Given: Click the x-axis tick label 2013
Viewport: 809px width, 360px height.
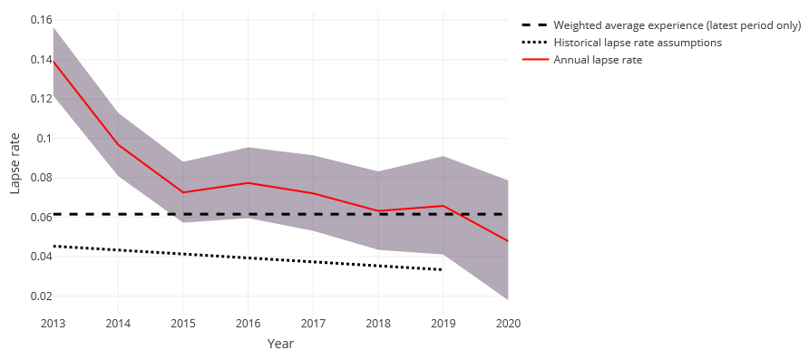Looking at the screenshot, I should click(54, 324).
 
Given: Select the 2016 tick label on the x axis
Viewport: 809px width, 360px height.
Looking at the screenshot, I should click(249, 324).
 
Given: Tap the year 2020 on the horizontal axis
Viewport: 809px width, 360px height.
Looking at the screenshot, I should click(507, 324).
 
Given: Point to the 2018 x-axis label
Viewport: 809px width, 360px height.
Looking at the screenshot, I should click(377, 324).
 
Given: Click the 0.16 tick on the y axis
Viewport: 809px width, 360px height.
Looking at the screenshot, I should click(40, 20).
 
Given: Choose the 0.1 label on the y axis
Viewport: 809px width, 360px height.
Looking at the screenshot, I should click(44, 139).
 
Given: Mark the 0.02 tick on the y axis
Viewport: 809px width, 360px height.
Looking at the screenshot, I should click(40, 297).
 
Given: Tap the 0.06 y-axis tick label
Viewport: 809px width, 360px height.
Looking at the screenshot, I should click(40, 218).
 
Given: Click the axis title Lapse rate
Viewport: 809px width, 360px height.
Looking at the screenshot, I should click(15, 163).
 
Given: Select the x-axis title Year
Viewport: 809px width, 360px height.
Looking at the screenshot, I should click(280, 345).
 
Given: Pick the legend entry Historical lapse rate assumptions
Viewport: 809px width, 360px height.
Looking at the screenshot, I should click(625, 43).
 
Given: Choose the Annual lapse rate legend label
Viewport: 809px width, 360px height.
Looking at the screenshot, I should click(598, 60).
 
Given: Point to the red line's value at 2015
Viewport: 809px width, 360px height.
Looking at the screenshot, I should click(183, 192).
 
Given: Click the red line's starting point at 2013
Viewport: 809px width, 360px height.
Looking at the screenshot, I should click(54, 61).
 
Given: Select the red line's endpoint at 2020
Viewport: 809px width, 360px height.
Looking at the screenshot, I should click(507, 241).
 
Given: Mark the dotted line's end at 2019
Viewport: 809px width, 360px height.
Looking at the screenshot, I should click(443, 270).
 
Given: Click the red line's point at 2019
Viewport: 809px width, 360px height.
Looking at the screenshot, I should click(443, 206).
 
